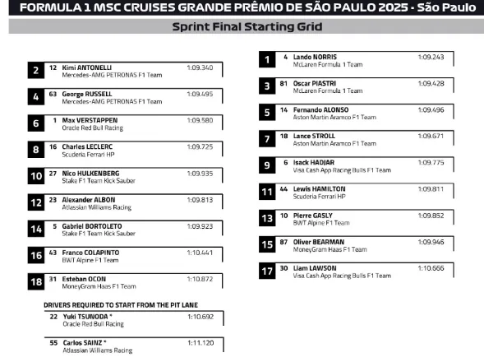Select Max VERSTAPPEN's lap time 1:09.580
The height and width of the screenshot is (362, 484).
[x=200, y=120]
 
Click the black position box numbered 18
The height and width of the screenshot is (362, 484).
[x=36, y=282]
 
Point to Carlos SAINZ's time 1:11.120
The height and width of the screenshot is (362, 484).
[x=200, y=342]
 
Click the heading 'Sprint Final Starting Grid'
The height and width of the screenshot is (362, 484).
[x=242, y=26]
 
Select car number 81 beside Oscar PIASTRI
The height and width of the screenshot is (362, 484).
[x=283, y=83]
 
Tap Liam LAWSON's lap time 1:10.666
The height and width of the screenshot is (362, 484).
[x=431, y=268]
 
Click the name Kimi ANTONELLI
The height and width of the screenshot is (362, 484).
[x=87, y=67]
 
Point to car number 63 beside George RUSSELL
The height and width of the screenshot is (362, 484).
[x=53, y=94]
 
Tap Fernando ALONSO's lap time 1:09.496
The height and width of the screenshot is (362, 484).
[x=431, y=109]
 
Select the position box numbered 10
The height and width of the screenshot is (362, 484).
[x=36, y=176]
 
